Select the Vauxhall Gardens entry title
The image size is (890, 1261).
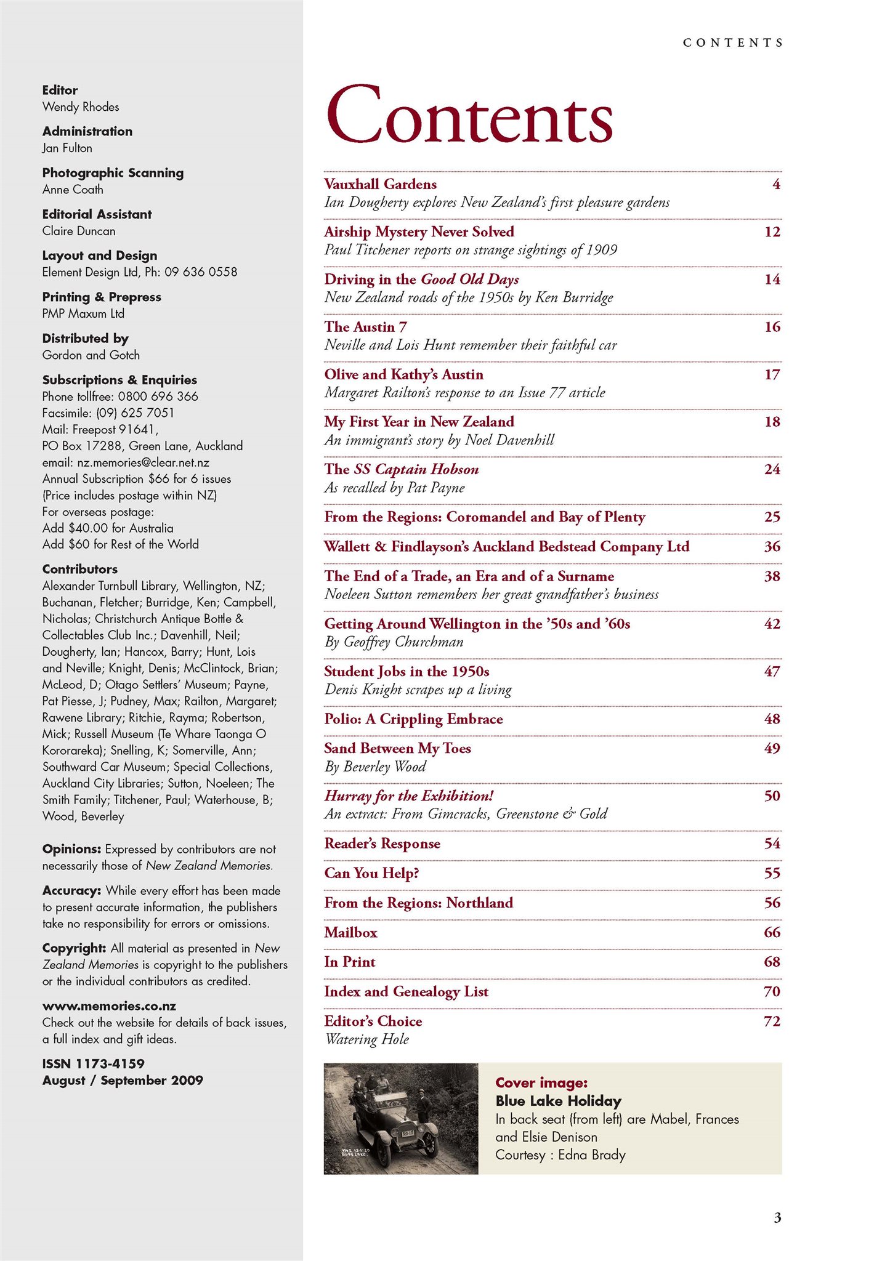tap(380, 184)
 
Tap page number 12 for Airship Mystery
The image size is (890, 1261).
tap(772, 232)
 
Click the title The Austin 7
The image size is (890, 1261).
tap(365, 327)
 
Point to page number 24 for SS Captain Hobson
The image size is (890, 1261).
tap(772, 470)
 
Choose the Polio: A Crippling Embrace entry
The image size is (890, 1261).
tap(413, 719)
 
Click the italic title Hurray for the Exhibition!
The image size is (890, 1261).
tap(409, 796)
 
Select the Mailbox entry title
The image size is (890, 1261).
tap(350, 933)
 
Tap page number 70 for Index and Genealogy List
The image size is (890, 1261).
tap(772, 992)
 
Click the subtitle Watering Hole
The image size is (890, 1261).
tap(366, 1039)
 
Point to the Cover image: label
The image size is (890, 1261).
tap(541, 1082)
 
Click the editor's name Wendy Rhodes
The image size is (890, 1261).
tap(81, 107)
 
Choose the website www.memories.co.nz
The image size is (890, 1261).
tap(109, 1006)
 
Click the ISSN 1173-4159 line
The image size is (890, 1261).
tap(93, 1063)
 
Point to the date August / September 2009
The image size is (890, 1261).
tap(123, 1080)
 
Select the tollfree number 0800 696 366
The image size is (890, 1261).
tap(158, 397)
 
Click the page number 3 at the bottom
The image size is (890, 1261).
tap(777, 1217)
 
